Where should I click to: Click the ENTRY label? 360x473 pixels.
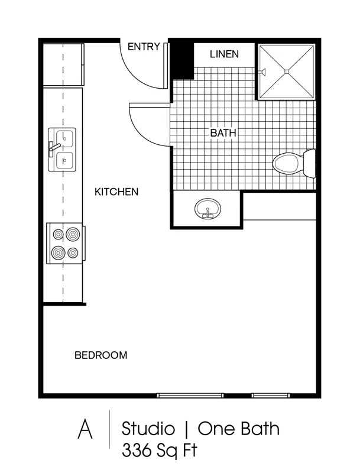144,47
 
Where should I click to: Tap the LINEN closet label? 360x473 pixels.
224,54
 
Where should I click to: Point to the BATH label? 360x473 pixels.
223,132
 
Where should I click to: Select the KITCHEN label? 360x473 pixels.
116,192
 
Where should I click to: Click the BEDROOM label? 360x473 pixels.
100,355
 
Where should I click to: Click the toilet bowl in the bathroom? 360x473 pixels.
286,163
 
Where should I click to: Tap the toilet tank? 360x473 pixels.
309,163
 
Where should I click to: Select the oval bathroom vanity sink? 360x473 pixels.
207,209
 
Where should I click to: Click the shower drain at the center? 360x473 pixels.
287,72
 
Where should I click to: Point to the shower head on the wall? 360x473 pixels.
262,72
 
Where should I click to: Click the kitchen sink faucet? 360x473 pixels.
55,148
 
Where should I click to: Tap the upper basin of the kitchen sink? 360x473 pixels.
64,138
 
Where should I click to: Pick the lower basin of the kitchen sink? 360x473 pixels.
64,160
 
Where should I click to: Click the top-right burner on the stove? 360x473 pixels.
73,234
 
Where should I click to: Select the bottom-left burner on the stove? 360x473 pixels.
58,252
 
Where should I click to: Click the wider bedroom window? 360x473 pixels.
190,395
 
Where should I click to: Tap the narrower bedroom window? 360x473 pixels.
271,395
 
